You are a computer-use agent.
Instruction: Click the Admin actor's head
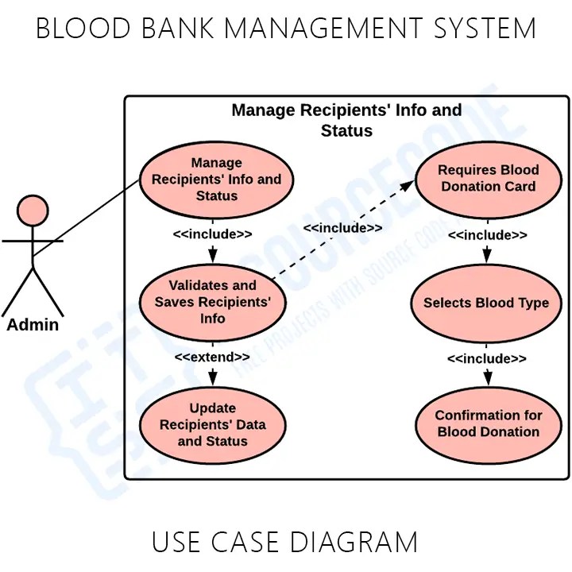pos(33,211)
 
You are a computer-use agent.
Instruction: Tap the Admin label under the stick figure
pos(33,325)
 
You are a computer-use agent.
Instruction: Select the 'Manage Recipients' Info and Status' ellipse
pos(217,180)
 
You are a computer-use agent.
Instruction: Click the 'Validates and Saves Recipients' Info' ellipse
pos(213,302)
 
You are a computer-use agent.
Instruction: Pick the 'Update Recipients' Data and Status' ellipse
pos(213,424)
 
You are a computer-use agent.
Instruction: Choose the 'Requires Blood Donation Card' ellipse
pos(488,178)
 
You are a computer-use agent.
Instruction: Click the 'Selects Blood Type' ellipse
pos(486,303)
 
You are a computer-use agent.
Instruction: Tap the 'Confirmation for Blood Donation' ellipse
pos(488,423)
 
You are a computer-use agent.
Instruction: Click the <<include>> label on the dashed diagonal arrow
pos(342,228)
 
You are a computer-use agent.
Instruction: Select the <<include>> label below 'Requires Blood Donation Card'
pos(487,235)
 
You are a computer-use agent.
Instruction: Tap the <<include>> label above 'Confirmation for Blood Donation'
pos(487,359)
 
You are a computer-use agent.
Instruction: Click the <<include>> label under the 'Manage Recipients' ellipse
pos(212,234)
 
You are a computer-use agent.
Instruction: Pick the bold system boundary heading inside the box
pos(346,120)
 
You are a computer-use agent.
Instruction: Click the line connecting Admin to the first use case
pos(87,218)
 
